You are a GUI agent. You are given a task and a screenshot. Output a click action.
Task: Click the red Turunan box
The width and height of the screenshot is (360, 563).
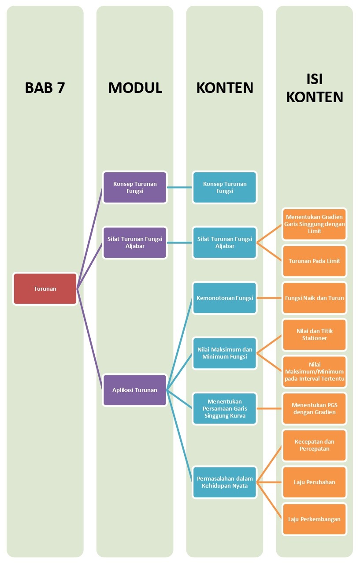pyautogui.click(x=45, y=289)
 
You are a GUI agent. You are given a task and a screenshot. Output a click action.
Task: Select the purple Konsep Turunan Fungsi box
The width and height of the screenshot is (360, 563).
pyautogui.click(x=135, y=188)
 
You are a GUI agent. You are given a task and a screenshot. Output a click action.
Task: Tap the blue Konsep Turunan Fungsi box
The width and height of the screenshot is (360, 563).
pyautogui.click(x=225, y=188)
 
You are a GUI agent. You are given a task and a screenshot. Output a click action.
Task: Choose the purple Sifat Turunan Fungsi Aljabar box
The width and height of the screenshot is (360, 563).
pyautogui.click(x=135, y=243)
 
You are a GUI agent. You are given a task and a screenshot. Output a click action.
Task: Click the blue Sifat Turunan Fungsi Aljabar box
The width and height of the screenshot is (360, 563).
pyautogui.click(x=225, y=243)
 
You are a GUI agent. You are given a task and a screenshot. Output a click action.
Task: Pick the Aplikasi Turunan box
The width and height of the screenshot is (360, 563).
pyautogui.click(x=135, y=390)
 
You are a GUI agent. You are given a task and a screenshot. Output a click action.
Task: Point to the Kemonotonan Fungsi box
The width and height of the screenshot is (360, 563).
pyautogui.click(x=225, y=298)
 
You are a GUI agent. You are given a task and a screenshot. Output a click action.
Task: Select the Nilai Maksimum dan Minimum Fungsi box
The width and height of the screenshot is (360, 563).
pyautogui.click(x=225, y=353)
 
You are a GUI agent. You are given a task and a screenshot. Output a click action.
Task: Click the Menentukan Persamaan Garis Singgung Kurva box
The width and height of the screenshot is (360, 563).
pyautogui.click(x=225, y=409)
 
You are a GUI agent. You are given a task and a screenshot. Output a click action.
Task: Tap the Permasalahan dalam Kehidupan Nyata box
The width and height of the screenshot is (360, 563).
pyautogui.click(x=225, y=482)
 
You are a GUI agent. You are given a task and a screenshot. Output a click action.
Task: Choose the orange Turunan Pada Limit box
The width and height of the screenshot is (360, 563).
pyautogui.click(x=315, y=261)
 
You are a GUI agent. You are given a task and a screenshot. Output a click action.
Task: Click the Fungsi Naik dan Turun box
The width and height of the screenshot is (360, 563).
pyautogui.click(x=315, y=298)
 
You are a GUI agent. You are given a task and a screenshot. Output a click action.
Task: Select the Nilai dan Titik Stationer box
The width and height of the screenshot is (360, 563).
pyautogui.click(x=315, y=335)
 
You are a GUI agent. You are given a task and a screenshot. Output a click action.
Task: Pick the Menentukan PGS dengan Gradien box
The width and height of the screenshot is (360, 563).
pyautogui.click(x=315, y=409)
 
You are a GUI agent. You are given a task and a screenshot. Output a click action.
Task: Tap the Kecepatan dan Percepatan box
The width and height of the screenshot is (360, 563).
pyautogui.click(x=315, y=445)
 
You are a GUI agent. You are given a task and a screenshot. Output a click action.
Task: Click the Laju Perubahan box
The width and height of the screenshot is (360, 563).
pyautogui.click(x=315, y=482)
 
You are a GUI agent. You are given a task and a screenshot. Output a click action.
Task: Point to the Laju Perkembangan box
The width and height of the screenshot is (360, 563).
pyautogui.click(x=315, y=519)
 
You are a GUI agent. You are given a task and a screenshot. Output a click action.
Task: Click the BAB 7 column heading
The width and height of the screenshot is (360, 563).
pyautogui.click(x=45, y=88)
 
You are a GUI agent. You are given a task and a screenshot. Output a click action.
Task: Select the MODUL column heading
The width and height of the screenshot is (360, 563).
pyautogui.click(x=135, y=88)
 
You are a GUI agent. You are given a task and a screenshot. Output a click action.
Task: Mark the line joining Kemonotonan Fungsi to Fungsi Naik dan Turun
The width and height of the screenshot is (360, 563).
pyautogui.click(x=270, y=298)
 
